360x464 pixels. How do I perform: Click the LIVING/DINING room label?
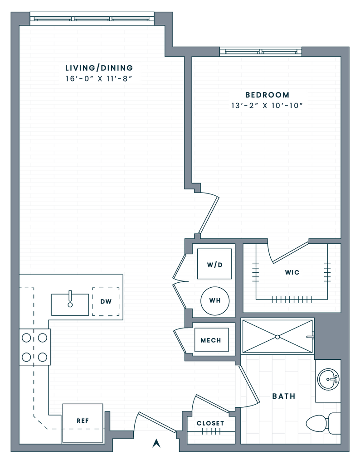[99, 68]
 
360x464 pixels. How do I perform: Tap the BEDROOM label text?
[267, 95]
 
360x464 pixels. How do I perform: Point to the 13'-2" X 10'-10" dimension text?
[267, 107]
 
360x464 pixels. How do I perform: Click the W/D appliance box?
[214, 264]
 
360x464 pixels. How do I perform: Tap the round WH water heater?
[214, 300]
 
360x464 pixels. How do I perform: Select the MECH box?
[211, 340]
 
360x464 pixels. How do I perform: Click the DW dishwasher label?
[106, 301]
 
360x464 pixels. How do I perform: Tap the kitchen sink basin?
[70, 304]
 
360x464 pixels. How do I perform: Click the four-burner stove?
[34, 347]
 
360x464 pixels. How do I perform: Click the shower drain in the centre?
[277, 337]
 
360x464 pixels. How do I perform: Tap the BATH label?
[284, 396]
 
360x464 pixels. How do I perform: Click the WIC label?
[291, 273]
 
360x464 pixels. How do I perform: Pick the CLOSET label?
[210, 423]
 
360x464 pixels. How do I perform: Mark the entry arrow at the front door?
[157, 443]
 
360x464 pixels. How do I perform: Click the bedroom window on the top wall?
[260, 51]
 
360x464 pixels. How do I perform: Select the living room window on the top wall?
[92, 19]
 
